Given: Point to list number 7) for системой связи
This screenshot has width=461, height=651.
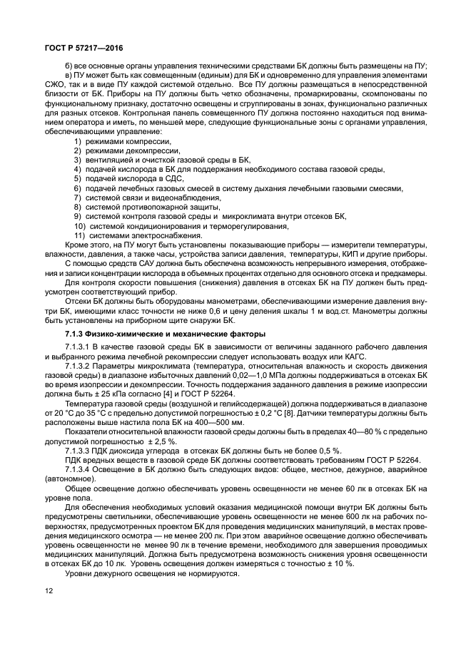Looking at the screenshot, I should pos(78,198).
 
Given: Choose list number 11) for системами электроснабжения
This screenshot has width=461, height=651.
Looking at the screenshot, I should pos(80,235).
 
